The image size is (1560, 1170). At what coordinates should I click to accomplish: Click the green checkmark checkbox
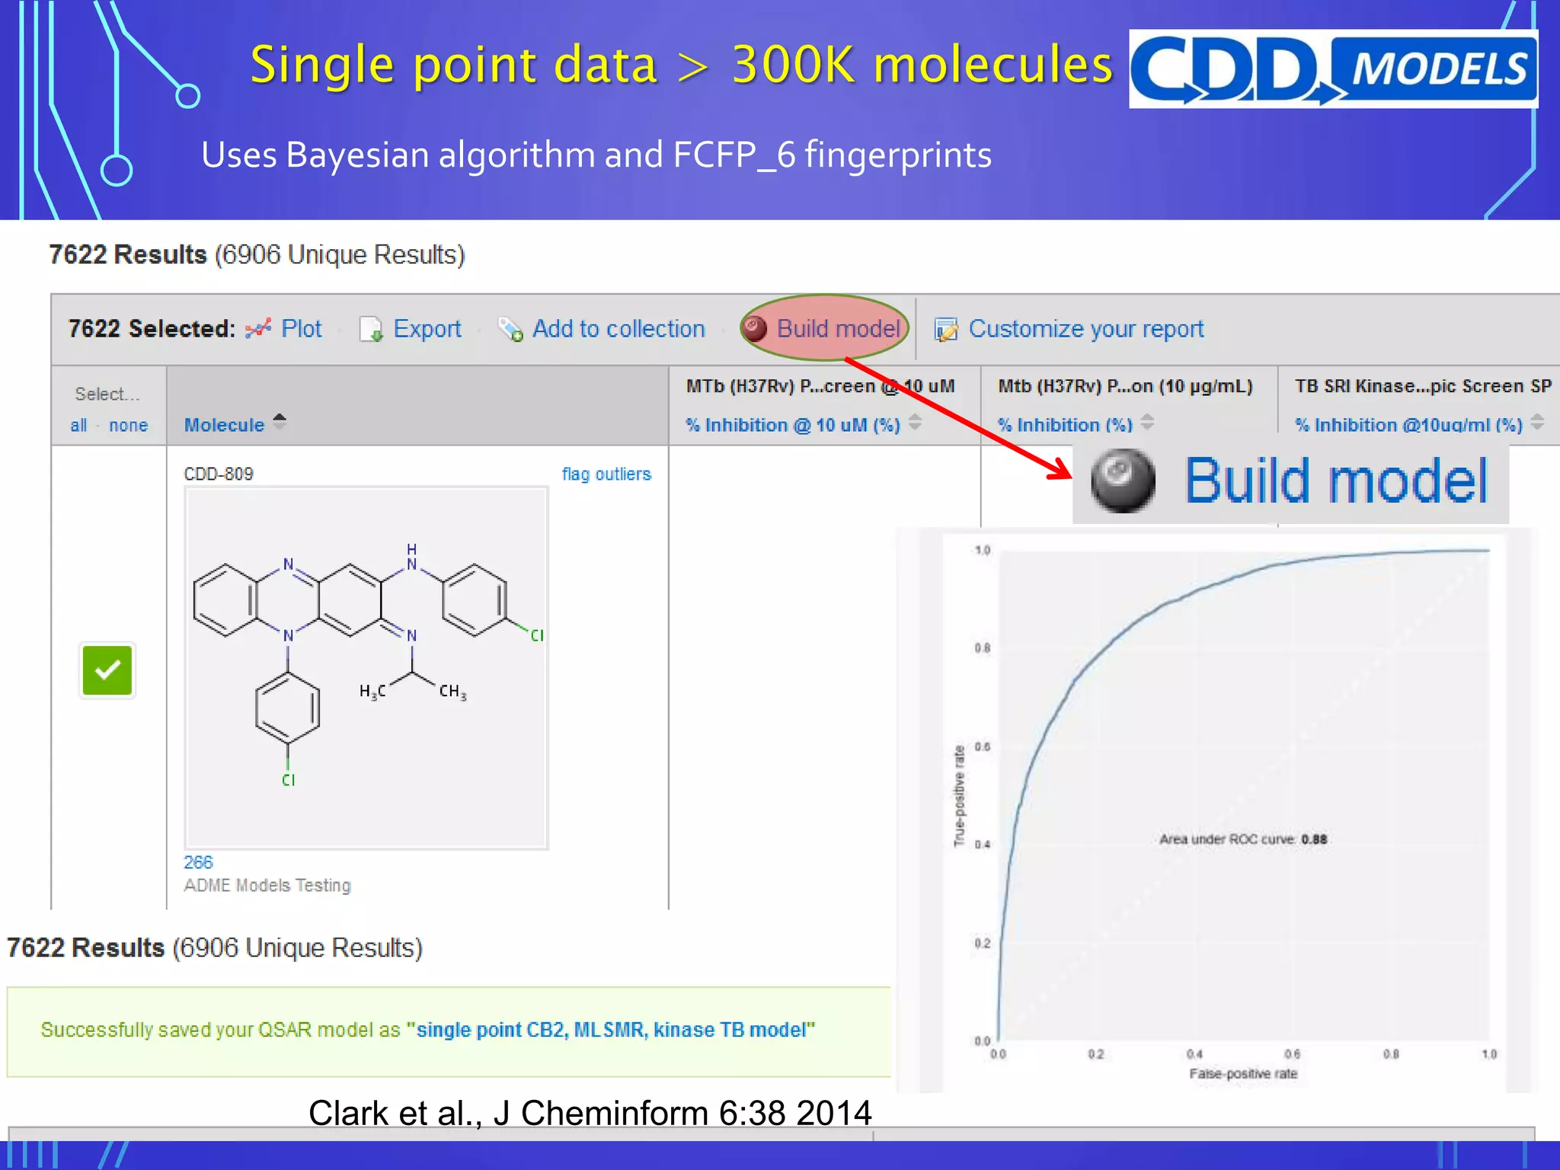(107, 670)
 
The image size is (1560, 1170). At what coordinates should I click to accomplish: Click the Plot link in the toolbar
(301, 329)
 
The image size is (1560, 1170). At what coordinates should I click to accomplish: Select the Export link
(427, 329)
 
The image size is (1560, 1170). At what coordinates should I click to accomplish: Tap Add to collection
(618, 329)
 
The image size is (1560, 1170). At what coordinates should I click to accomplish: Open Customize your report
(1085, 329)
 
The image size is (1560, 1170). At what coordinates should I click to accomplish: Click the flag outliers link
(606, 474)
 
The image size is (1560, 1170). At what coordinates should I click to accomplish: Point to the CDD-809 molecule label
(219, 474)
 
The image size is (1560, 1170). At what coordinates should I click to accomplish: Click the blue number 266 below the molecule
(198, 862)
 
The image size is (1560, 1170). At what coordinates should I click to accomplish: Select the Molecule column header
(224, 425)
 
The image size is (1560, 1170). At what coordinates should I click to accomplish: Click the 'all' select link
(78, 425)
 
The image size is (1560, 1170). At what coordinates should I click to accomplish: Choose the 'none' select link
(128, 425)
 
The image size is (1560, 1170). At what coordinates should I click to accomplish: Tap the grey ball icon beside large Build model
(1122, 481)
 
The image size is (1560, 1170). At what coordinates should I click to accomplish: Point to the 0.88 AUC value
(1314, 839)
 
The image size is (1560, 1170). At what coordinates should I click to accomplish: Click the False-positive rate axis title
(1243, 1074)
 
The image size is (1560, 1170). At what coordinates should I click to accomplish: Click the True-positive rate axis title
(960, 796)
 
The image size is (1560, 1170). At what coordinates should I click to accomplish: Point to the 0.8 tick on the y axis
(983, 648)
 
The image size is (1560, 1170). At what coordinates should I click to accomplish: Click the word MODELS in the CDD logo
(1439, 69)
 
